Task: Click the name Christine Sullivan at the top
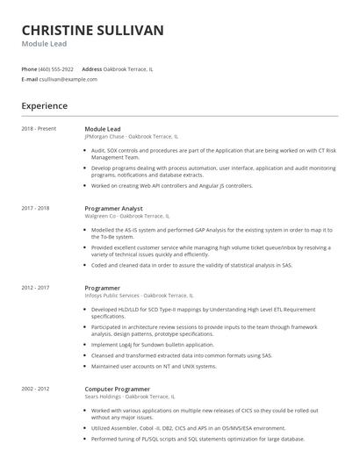pyautogui.click(x=92, y=31)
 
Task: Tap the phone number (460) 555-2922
pyautogui.click(x=57, y=68)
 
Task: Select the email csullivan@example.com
pyautogui.click(x=69, y=79)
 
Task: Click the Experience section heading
pyautogui.click(x=44, y=106)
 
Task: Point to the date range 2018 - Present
pyautogui.click(x=39, y=129)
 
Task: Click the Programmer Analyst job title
pyautogui.click(x=113, y=209)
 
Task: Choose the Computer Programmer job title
pyautogui.click(x=117, y=388)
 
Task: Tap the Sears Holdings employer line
pyautogui.click(x=129, y=396)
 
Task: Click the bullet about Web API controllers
pyautogui.click(x=172, y=186)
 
